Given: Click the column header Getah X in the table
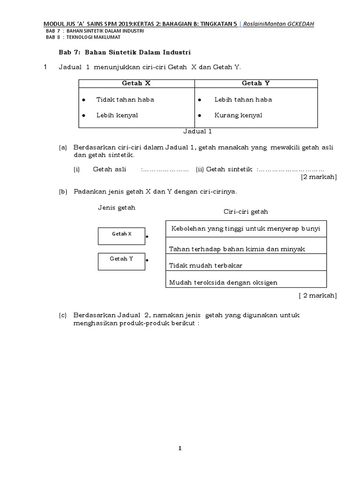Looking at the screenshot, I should click(136, 83).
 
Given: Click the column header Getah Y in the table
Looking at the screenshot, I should click(255, 83).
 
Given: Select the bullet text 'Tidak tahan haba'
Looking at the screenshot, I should click(125, 99).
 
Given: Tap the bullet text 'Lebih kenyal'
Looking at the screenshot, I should click(117, 115).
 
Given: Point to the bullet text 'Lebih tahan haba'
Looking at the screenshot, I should click(243, 99).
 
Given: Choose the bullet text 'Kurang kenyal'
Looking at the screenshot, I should click(238, 115).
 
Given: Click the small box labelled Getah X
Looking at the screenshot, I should click(121, 236).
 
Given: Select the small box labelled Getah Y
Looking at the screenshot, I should click(121, 261).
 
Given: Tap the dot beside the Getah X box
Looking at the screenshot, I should click(147, 237).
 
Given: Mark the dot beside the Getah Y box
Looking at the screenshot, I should click(147, 260).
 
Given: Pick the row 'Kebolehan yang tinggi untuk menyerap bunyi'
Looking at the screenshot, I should click(246, 229).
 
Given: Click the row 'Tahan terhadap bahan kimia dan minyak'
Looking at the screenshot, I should click(237, 249).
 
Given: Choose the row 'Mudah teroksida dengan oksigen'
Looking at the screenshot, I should click(223, 282).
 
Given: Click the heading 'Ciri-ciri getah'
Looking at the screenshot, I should click(246, 211).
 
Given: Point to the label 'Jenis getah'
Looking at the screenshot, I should click(116, 208).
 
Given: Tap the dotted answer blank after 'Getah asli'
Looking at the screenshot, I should click(165, 169).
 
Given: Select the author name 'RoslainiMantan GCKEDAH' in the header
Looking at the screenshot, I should click(280, 23).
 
